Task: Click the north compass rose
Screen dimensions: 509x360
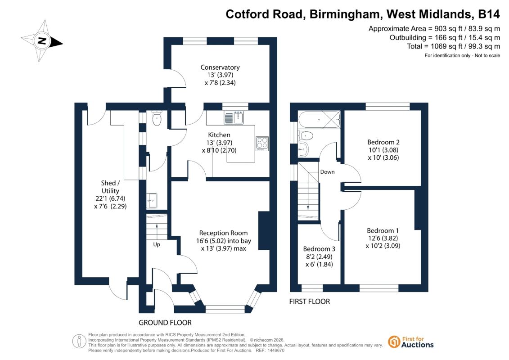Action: pyautogui.click(x=41, y=41)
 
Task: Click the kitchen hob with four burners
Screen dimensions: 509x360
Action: pyautogui.click(x=262, y=144)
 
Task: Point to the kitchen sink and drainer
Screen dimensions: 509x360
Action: pyautogui.click(x=234, y=117)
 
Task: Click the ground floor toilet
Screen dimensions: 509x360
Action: pyautogui.click(x=157, y=118)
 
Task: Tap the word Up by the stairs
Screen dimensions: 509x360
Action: pyautogui.click(x=157, y=244)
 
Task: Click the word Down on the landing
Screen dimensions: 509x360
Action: pyautogui.click(x=327, y=172)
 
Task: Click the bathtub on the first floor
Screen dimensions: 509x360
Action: pyautogui.click(x=320, y=120)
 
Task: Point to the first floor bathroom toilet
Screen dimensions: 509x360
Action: pyautogui.click(x=306, y=135)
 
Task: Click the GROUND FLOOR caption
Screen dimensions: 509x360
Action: pyautogui.click(x=165, y=323)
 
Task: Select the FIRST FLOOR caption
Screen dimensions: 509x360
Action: pyautogui.click(x=309, y=301)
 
